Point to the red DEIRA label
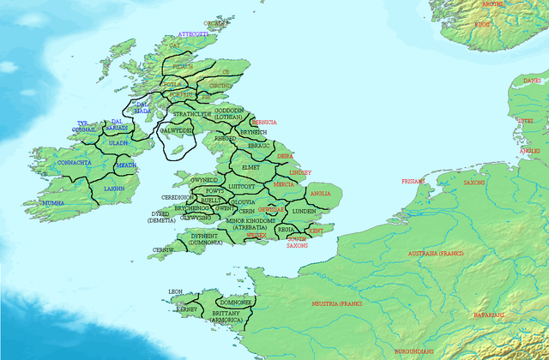286,157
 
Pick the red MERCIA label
284,184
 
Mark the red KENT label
316,231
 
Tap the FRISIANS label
413,182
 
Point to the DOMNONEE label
234,303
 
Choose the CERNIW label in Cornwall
164,249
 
